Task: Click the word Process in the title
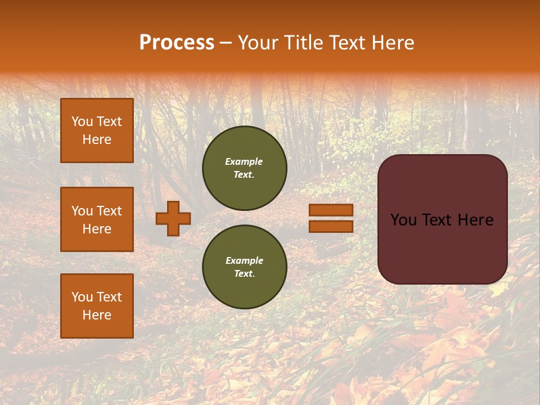click(177, 43)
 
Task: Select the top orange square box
click(97, 130)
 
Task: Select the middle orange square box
click(97, 219)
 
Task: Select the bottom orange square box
click(97, 305)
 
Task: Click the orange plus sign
click(173, 218)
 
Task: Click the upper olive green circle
click(245, 168)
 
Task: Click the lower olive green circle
click(245, 267)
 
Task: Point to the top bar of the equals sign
click(331, 210)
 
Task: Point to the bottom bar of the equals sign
click(331, 226)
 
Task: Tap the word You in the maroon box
click(404, 220)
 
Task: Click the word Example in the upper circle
click(244, 161)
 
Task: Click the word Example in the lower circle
click(244, 260)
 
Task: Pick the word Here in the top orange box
click(97, 139)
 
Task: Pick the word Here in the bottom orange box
click(97, 315)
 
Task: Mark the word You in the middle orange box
click(82, 211)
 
